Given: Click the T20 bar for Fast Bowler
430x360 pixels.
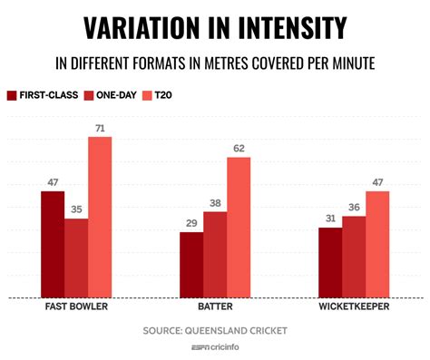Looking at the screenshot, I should [100, 217].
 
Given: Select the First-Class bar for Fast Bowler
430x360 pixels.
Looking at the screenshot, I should [53, 244].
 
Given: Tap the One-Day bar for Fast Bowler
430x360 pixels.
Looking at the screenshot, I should [76, 258].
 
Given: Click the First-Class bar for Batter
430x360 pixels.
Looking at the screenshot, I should [191, 265].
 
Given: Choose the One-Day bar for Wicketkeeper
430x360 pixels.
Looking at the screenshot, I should [354, 257].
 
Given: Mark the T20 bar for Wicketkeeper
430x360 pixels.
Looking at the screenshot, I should [377, 244].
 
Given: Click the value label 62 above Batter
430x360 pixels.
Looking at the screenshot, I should [239, 149].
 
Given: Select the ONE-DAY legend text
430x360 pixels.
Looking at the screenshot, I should [115, 94].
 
